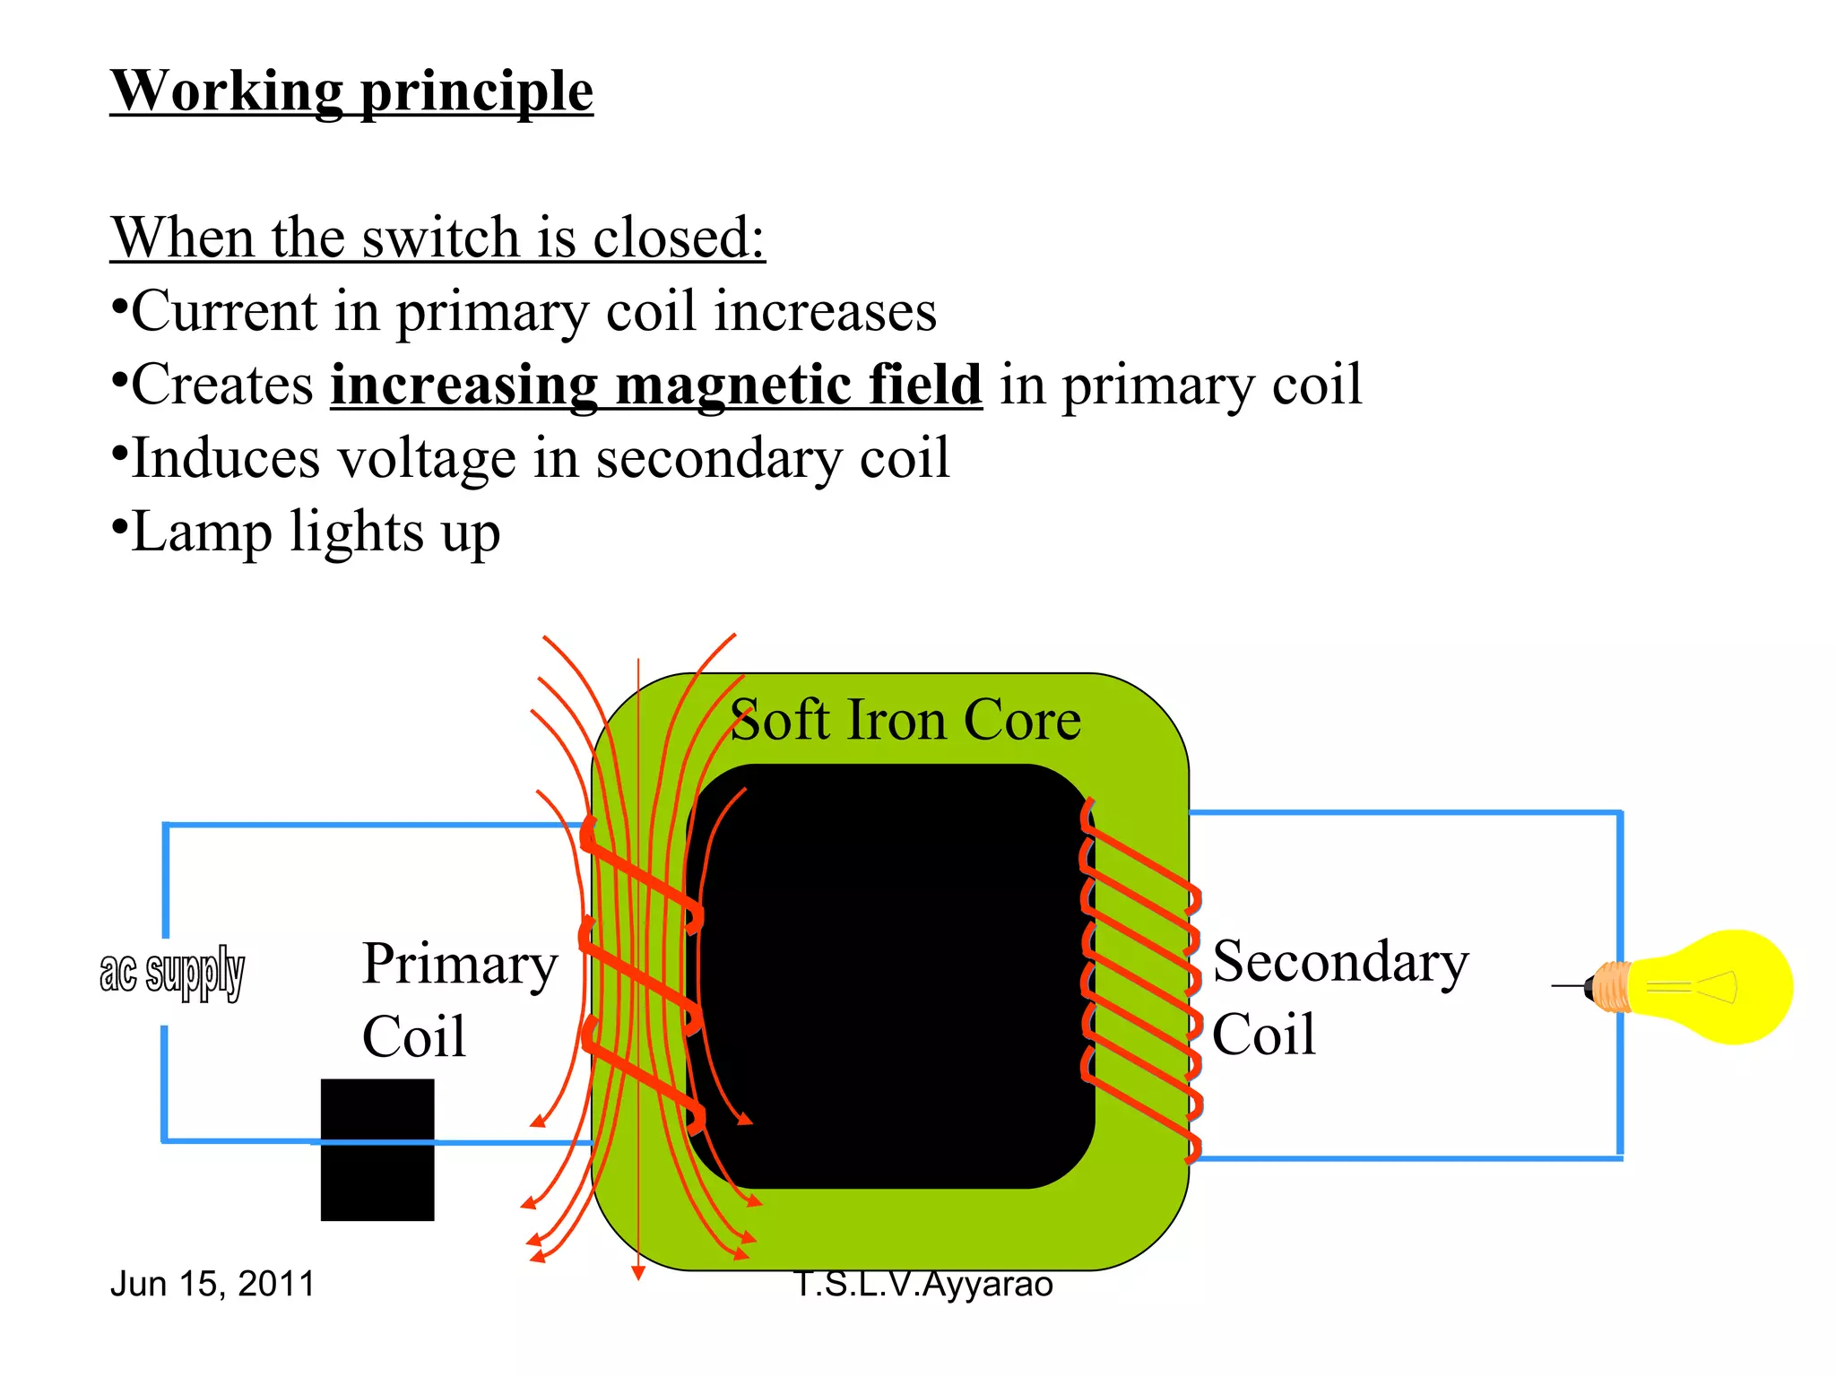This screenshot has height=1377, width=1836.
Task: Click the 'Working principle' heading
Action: pyautogui.click(x=351, y=91)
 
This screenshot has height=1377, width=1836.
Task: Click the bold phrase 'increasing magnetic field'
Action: pyautogui.click(x=656, y=385)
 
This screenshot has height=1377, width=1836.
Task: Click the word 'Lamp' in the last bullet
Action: pyautogui.click(x=201, y=532)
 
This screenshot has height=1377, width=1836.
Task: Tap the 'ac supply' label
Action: pyautogui.click(x=172, y=973)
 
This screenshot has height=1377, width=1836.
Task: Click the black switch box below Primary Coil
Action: pyautogui.click(x=377, y=1149)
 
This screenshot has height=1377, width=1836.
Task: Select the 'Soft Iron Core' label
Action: pyautogui.click(x=905, y=720)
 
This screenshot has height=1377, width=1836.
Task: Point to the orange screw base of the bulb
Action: pyautogui.click(x=1612, y=987)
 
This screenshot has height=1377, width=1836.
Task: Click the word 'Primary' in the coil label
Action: pyautogui.click(x=460, y=965)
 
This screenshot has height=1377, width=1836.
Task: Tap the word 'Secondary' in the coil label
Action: pyautogui.click(x=1340, y=962)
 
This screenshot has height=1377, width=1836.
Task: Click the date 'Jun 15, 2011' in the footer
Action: pyautogui.click(x=212, y=1284)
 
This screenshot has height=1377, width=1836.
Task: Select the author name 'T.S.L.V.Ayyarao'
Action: pyautogui.click(x=923, y=1284)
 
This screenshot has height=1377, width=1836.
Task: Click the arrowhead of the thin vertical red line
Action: pyautogui.click(x=637, y=1272)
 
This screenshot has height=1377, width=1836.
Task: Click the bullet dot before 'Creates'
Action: pyautogui.click(x=119, y=379)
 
